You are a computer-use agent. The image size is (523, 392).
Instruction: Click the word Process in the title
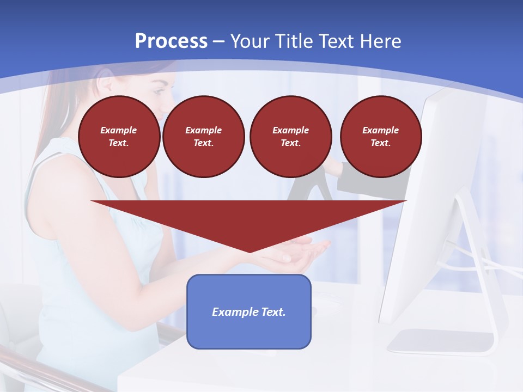pyautogui.click(x=171, y=41)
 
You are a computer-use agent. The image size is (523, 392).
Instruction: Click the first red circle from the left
pyautogui.click(x=119, y=137)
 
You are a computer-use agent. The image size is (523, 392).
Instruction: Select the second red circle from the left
pyautogui.click(x=204, y=137)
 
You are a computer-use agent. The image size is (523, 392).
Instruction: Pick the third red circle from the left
pyautogui.click(x=291, y=137)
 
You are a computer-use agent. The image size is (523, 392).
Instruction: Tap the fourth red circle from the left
pyautogui.click(x=381, y=137)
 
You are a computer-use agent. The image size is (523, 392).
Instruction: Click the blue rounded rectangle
pyautogui.click(x=249, y=311)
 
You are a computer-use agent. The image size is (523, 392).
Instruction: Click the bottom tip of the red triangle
pyautogui.click(x=250, y=251)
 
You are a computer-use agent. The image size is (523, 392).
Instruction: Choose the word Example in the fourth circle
pyautogui.click(x=381, y=130)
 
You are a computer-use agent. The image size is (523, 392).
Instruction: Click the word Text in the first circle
pyautogui.click(x=118, y=143)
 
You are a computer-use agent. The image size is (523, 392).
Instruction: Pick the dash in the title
pyautogui.click(x=218, y=41)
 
